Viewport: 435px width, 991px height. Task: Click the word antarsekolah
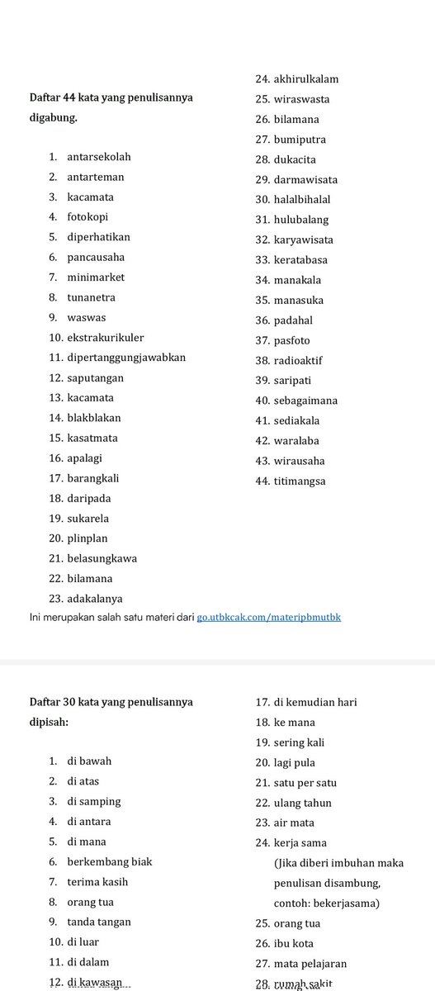click(98, 157)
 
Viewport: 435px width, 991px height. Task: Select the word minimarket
click(96, 277)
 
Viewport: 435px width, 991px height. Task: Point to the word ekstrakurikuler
click(106, 338)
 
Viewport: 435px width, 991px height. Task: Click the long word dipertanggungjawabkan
click(126, 358)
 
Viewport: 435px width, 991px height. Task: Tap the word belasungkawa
click(102, 558)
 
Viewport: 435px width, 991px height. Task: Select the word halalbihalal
click(302, 200)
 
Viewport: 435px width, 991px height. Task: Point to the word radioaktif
click(298, 360)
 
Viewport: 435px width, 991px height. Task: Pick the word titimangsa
click(300, 481)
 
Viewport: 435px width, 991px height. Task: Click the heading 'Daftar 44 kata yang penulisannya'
click(111, 97)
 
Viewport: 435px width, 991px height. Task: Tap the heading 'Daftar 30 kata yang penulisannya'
click(111, 702)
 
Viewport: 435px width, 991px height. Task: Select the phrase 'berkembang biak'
click(110, 861)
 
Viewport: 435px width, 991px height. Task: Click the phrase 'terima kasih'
click(97, 882)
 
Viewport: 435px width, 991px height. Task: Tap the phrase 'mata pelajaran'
click(310, 964)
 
